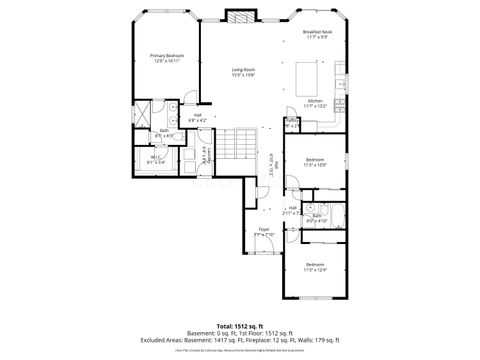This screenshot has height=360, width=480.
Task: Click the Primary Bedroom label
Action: [166, 57]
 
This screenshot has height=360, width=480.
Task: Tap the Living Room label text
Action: [244, 71]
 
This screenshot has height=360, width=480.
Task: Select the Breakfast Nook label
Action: [317, 33]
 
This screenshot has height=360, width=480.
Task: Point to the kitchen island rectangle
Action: [309, 74]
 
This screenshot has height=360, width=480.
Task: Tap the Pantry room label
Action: [291, 122]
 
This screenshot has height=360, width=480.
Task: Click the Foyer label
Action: [264, 232]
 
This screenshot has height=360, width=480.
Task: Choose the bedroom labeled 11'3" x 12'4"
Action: [315, 267]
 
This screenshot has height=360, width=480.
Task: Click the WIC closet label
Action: [156, 158]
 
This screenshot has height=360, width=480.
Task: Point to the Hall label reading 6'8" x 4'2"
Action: [198, 116]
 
